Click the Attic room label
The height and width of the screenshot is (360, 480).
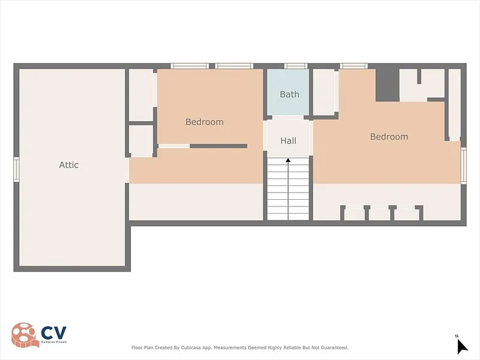[x=68, y=164]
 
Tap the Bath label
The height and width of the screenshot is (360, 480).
[x=289, y=94]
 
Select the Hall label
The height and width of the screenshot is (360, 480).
[x=288, y=141]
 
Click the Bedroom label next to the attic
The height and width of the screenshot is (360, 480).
[x=205, y=122]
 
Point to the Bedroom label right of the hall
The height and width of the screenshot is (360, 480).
[x=389, y=137]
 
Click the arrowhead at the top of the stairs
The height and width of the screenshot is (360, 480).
[x=288, y=160]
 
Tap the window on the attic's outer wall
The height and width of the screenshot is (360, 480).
[x=16, y=169]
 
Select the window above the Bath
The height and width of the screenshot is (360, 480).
[x=296, y=66]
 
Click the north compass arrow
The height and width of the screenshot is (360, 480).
[x=462, y=347]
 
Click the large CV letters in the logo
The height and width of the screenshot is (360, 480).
[x=53, y=333]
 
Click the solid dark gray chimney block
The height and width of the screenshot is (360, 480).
[x=388, y=85]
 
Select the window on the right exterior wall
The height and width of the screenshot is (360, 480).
[x=463, y=166]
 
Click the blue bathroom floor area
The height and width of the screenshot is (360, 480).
[x=288, y=92]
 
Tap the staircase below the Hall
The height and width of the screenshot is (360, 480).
[x=288, y=189]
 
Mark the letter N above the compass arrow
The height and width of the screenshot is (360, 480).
[x=457, y=336]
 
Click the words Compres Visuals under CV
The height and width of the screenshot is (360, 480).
[x=54, y=342]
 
